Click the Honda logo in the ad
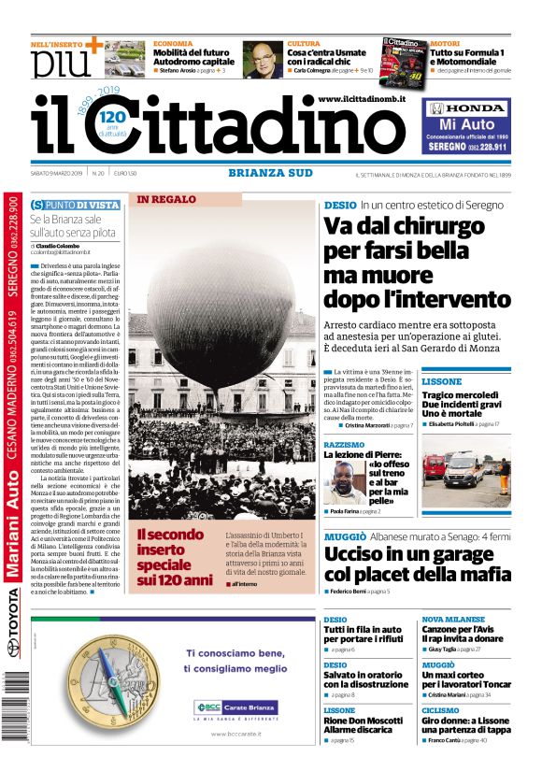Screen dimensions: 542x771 [466, 108]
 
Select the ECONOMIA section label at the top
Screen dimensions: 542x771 [173, 44]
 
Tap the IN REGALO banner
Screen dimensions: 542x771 [166, 199]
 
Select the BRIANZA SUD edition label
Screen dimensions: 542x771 [271, 172]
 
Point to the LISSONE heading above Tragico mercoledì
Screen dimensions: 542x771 [441, 382]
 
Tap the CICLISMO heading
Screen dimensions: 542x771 [440, 710]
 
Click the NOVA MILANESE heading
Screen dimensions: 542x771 [452, 620]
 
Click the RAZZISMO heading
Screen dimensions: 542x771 [344, 445]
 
